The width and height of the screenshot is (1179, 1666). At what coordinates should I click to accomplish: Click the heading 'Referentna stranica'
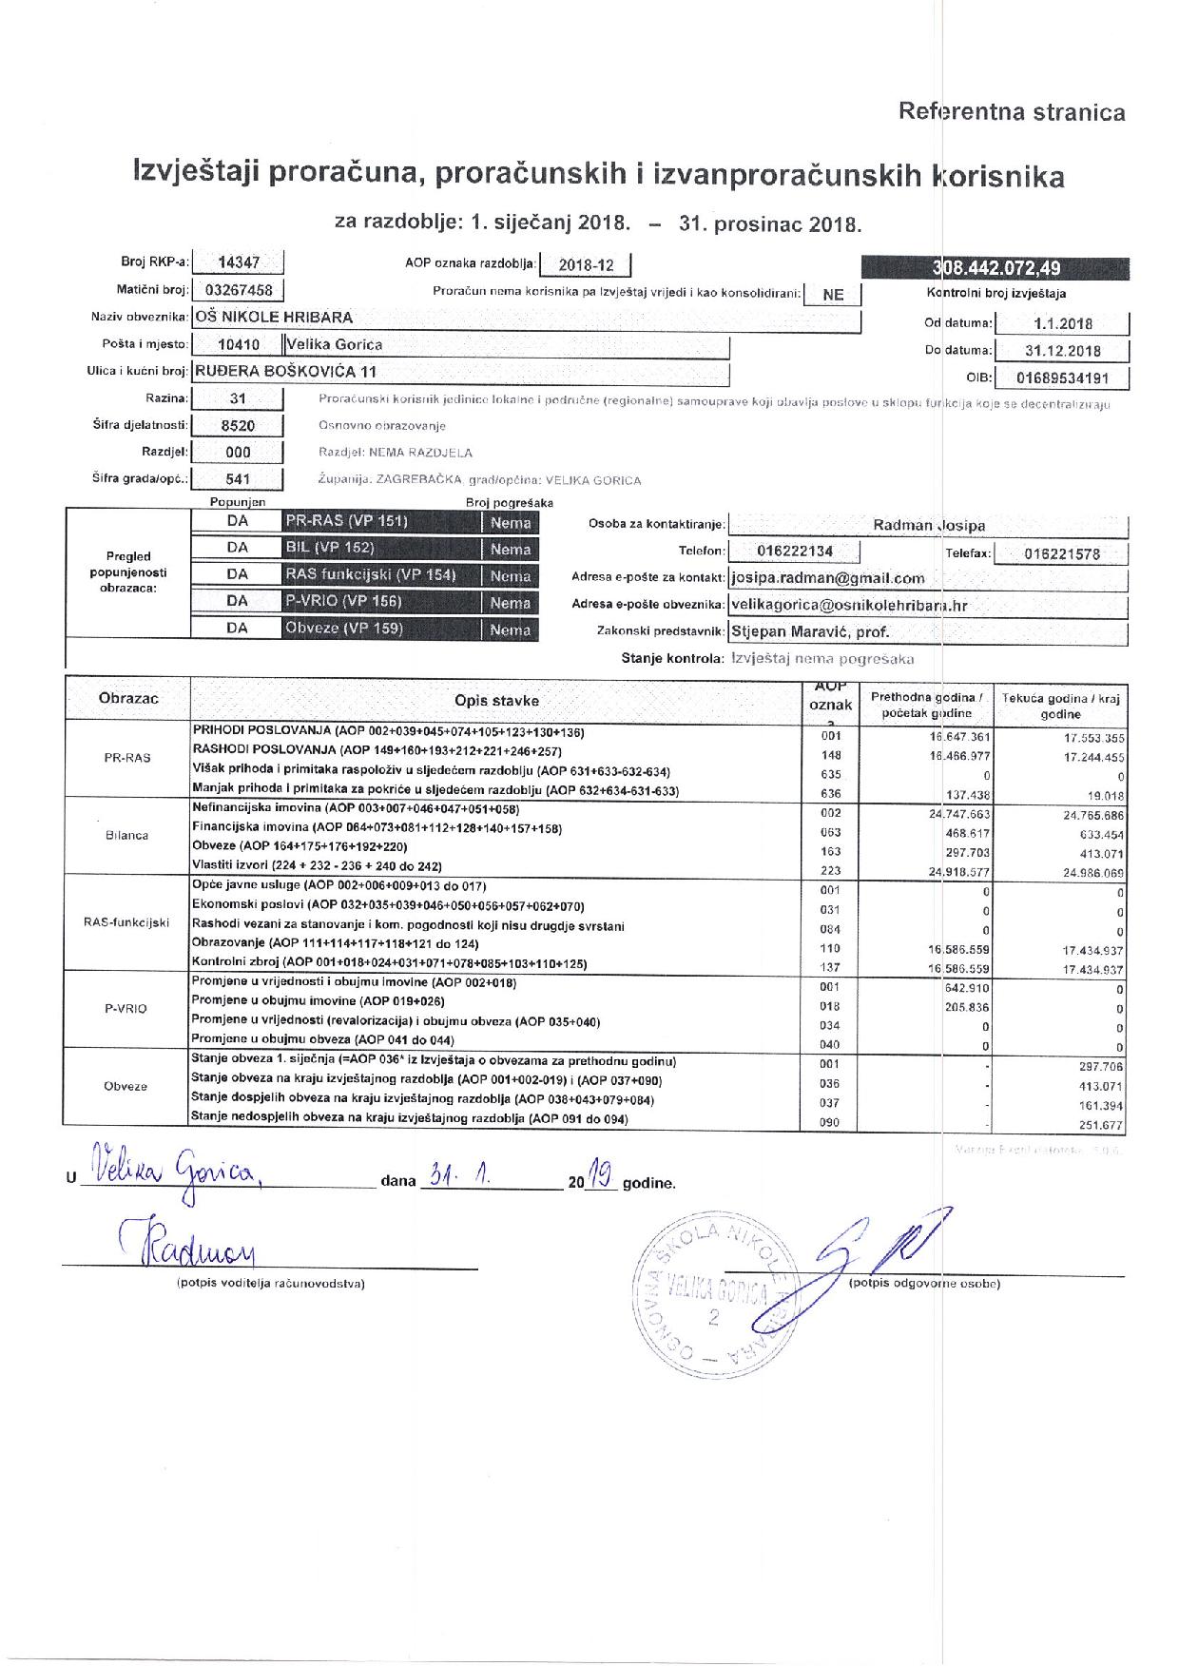coord(1012,112)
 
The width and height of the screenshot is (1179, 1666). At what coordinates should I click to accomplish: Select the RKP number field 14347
coord(238,263)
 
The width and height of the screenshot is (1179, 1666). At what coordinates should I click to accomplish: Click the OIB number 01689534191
coord(1061,378)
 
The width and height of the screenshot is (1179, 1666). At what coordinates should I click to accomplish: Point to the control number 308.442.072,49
coord(995,269)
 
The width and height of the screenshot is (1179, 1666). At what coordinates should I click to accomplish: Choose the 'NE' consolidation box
coord(832,295)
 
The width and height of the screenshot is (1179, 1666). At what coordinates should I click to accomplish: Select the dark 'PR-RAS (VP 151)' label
coord(346,521)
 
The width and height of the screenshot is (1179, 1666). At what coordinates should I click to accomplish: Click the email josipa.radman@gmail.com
coord(827,578)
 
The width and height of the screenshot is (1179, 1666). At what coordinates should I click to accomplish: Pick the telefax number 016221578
coord(1062,553)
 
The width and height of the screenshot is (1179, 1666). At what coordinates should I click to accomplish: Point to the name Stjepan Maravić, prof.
coord(810,630)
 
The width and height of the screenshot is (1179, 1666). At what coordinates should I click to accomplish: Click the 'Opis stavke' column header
coord(496,701)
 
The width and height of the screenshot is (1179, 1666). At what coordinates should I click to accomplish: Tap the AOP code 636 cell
coord(830,792)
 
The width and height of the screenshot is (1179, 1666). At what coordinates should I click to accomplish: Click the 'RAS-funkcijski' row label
coord(127,922)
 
